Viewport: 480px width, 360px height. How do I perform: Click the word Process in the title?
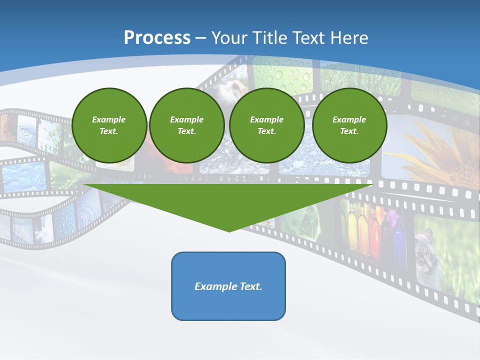coord(157,38)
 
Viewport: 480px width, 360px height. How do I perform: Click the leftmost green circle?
coord(109,125)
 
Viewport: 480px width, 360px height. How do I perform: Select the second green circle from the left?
coord(187,125)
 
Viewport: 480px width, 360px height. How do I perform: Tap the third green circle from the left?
coord(267,125)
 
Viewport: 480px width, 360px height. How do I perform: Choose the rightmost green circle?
coord(349,125)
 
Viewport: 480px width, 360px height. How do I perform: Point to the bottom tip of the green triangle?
coord(229,231)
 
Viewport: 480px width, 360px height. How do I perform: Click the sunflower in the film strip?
coord(440,150)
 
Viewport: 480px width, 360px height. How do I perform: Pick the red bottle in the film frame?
coord(373,235)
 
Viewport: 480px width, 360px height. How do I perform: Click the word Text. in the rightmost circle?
coord(349,131)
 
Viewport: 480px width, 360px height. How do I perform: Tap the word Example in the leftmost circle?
coord(109,119)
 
